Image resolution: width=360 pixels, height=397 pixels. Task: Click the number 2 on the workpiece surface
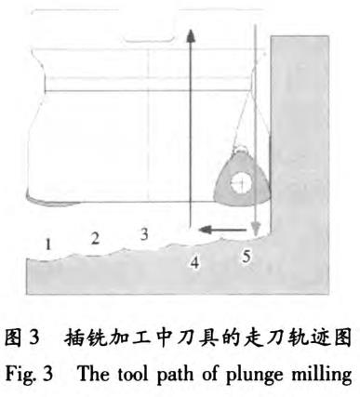pyautogui.click(x=95, y=237)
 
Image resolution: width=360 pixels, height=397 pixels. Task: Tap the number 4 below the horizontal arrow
pyautogui.click(x=195, y=263)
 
